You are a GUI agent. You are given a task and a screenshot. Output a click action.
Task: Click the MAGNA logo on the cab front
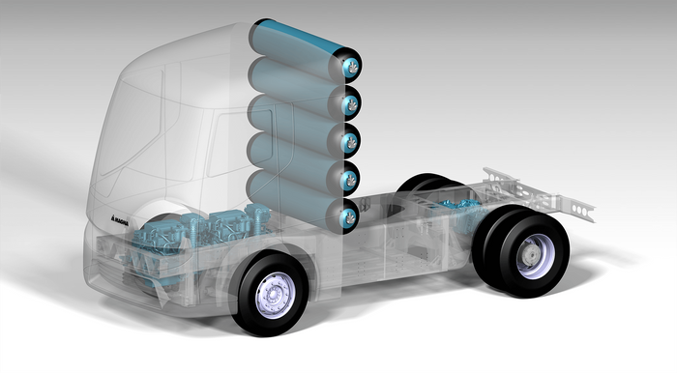(x=120, y=219)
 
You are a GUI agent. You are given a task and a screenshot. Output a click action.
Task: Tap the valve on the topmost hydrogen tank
(x=352, y=67)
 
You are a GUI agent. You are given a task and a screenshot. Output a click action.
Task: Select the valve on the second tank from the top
(x=351, y=104)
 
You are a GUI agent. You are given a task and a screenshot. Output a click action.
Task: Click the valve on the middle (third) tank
(x=350, y=141)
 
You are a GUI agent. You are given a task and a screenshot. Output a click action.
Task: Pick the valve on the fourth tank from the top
(x=350, y=179)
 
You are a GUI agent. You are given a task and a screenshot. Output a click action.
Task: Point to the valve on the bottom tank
(x=349, y=216)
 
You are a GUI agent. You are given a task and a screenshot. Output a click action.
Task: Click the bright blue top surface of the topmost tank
(x=298, y=36)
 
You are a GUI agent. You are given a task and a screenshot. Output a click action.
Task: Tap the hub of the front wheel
(x=274, y=295)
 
